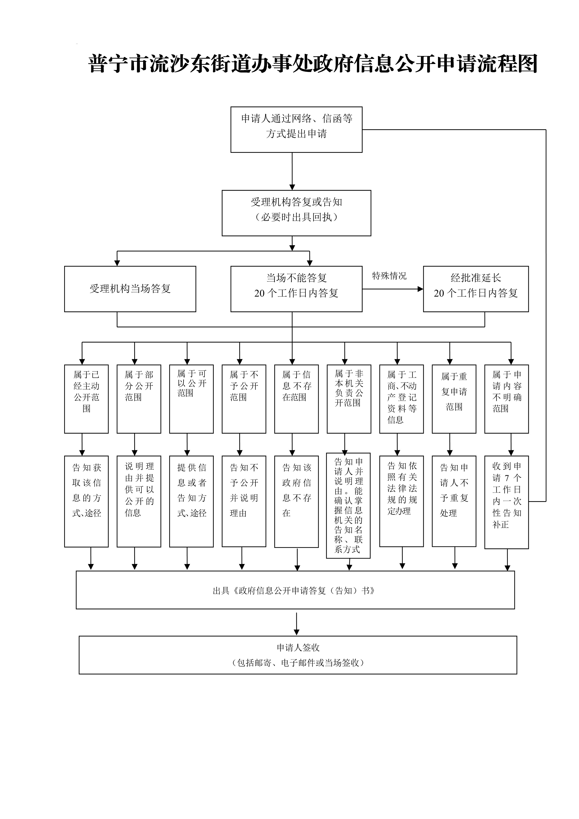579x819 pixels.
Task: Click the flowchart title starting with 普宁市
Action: (313, 64)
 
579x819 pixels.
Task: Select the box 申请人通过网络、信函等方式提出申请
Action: (296, 129)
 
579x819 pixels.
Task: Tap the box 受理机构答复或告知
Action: (296, 213)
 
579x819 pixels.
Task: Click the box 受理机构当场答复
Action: (130, 289)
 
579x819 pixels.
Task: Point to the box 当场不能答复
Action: (296, 289)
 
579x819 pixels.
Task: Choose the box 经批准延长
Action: (476, 289)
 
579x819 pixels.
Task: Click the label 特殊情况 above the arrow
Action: (389, 276)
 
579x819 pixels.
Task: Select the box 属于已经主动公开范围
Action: (86, 399)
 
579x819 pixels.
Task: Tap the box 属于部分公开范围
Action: (139, 399)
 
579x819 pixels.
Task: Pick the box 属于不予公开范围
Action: (244, 399)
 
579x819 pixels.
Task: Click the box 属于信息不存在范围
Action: (296, 399)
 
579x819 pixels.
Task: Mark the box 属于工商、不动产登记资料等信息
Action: (402, 399)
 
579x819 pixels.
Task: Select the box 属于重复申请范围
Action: (454, 399)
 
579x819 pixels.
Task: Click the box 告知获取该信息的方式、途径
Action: (86, 501)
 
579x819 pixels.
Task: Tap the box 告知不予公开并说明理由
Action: (244, 501)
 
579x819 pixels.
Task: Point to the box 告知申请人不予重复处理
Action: (454, 501)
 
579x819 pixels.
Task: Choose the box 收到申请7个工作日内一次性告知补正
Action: (506, 502)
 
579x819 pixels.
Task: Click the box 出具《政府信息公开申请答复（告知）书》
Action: (295, 591)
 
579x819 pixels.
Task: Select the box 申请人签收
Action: (298, 655)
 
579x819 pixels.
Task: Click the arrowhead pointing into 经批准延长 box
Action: (420, 289)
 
